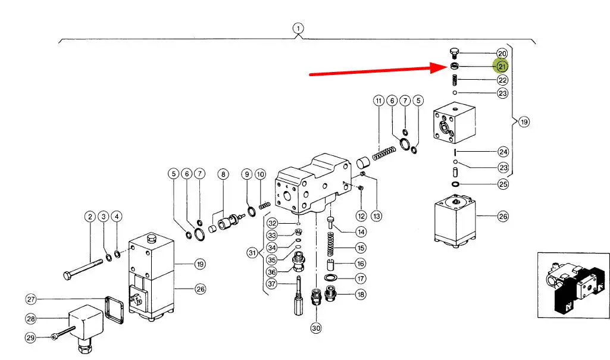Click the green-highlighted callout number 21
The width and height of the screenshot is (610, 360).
point(502,67)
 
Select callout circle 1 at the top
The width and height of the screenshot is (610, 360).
point(298,29)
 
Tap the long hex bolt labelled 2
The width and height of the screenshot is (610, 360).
point(83,268)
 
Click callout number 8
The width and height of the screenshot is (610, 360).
point(223,174)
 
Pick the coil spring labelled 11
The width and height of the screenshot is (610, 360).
point(384,152)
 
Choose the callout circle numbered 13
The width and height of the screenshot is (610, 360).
point(376,216)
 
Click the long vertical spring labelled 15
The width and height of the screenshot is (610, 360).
point(331,244)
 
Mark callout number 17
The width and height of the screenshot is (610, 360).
point(361,278)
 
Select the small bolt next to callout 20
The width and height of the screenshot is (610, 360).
point(454,53)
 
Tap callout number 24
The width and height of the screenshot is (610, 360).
point(503,152)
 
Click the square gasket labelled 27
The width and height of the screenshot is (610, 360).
point(114,309)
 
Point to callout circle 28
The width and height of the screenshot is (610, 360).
point(31,319)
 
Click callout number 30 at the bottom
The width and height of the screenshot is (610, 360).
point(316,328)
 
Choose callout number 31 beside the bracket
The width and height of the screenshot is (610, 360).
point(252,253)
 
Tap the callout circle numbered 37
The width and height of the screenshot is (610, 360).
point(271,284)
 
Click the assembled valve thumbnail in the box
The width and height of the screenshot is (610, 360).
point(574,285)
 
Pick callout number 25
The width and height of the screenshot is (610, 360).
point(503,184)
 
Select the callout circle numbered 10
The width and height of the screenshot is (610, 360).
point(260,174)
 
